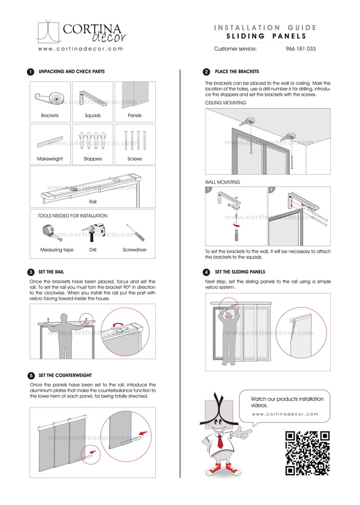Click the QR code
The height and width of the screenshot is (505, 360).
308,453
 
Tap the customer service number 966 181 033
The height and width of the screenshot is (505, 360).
301,49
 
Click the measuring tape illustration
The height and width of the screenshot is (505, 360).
50,232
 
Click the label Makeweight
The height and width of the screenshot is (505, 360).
50,159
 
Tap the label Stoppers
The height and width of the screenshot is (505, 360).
93,159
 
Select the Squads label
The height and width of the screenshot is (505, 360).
93,116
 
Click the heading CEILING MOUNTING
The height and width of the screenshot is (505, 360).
226,103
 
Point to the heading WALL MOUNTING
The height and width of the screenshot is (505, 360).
222,182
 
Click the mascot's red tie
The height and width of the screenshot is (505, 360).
220,441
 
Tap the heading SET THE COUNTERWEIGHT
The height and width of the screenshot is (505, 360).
65,375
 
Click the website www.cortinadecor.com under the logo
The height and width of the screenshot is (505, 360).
80,49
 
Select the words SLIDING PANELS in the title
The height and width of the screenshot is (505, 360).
265,36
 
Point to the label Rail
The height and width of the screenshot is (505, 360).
93,201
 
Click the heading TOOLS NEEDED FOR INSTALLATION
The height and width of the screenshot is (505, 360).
72,216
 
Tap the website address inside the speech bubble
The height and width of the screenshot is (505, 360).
285,414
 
